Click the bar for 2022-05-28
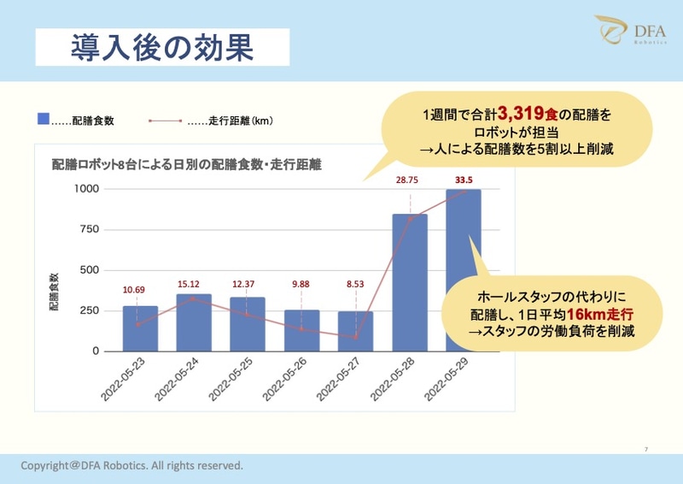[x=409, y=282]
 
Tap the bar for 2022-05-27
[x=355, y=331]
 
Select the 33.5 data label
[x=464, y=180]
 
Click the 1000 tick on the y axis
[x=86, y=189]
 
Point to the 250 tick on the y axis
[x=90, y=310]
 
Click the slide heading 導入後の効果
[x=162, y=47]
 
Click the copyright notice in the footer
[x=132, y=466]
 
